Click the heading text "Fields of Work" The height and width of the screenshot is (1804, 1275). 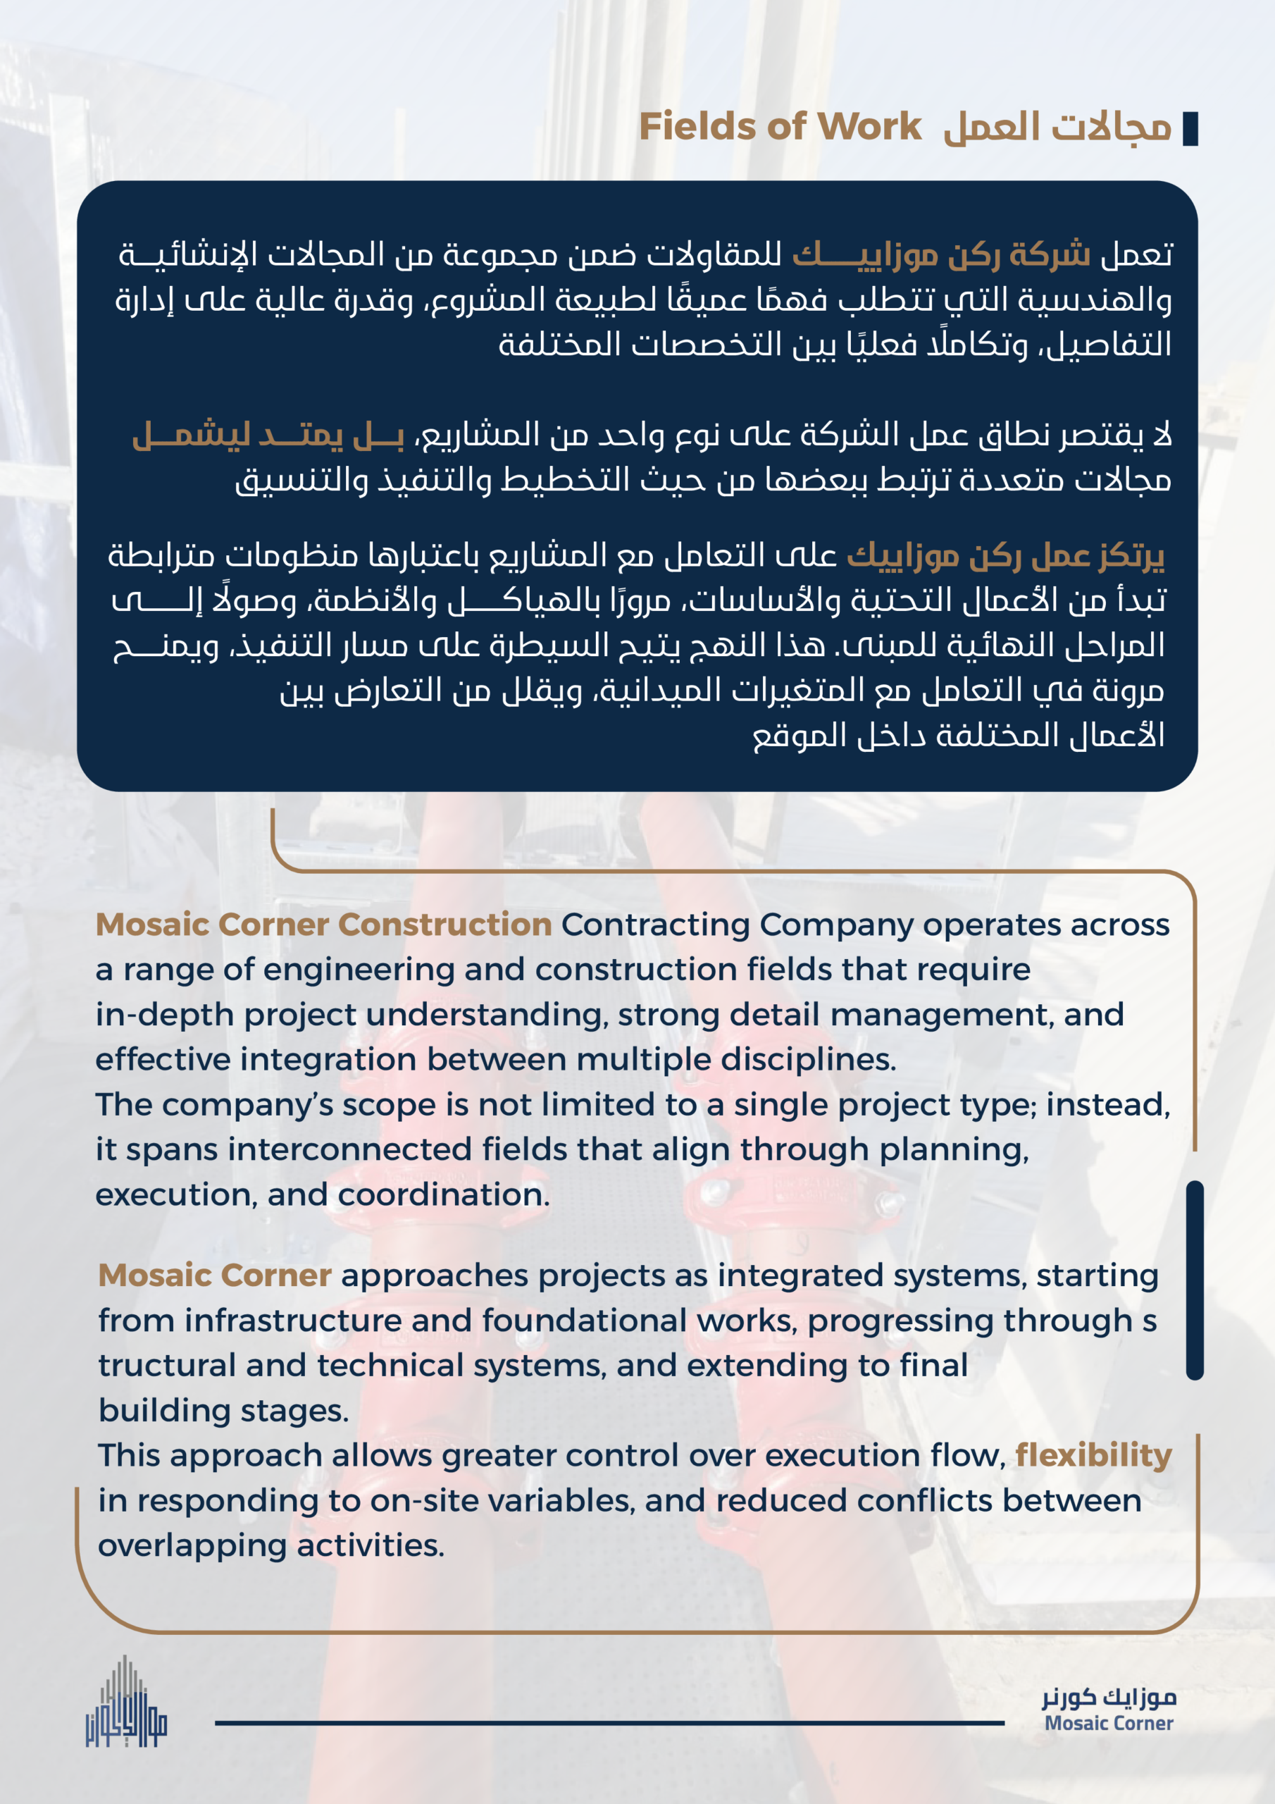pos(780,127)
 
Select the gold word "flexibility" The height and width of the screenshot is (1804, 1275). pos(1093,1456)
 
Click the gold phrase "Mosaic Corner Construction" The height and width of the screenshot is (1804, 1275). pos(323,925)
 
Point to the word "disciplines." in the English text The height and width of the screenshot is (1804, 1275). pos(809,1060)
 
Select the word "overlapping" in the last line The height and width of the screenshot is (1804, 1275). pos(192,1545)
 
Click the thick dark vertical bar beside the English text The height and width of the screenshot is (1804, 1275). pos(1194,1280)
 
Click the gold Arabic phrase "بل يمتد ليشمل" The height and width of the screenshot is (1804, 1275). pos(268,435)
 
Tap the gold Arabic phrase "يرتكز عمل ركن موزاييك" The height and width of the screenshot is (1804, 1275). pos(1005,556)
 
